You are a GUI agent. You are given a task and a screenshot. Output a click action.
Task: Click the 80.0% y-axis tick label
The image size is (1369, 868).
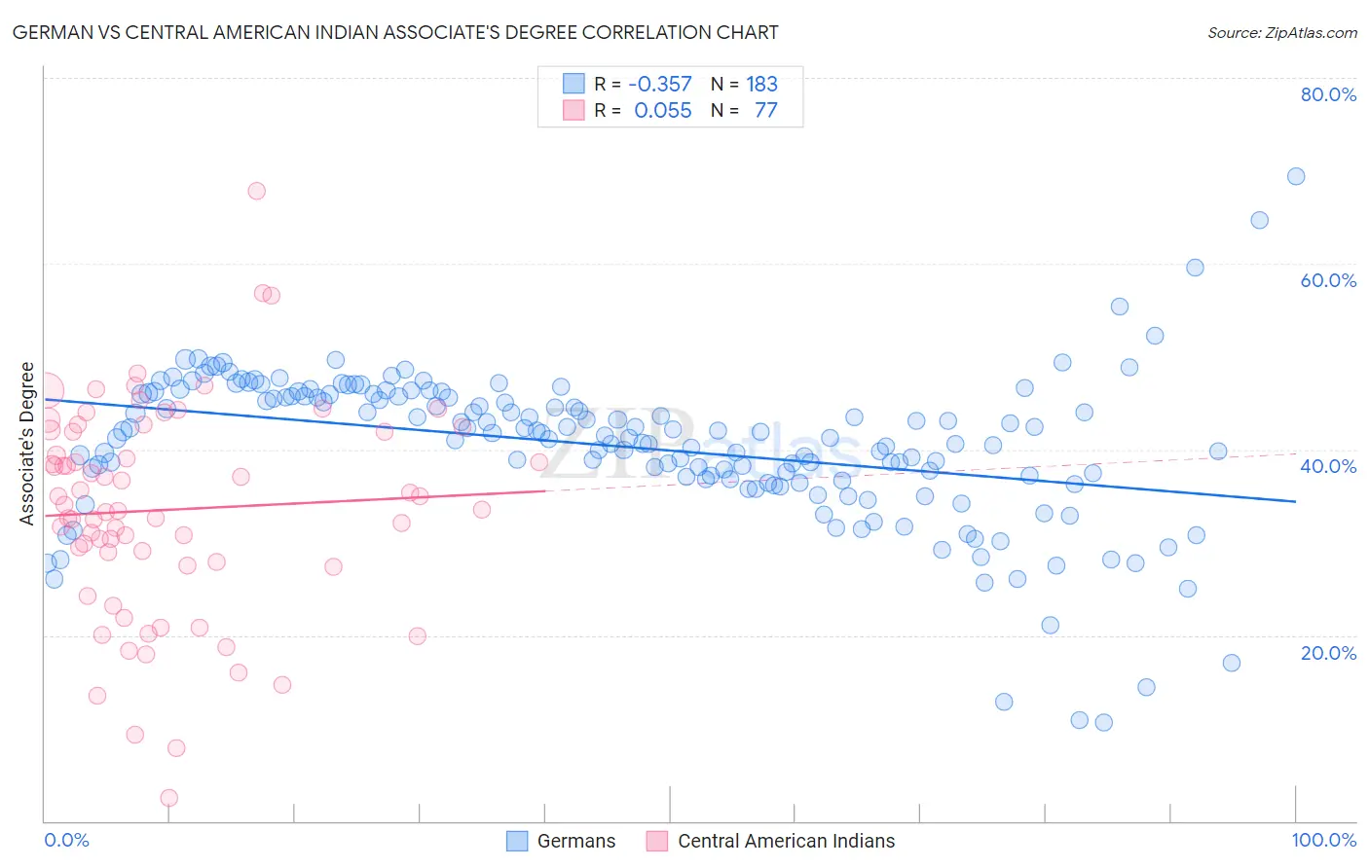point(1328,94)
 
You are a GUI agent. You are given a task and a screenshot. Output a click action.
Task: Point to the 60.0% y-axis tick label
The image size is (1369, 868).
point(1328,280)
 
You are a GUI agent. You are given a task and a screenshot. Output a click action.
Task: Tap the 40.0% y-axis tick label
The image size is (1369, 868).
point(1328,466)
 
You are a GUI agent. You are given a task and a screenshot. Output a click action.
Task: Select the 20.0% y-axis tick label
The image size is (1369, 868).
point(1328,652)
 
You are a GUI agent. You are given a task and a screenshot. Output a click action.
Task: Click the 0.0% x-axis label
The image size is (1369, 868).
point(66,840)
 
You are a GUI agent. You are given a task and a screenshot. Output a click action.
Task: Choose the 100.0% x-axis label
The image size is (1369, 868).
point(1323,840)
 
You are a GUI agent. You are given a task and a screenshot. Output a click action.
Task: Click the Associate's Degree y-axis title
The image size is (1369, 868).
point(27,444)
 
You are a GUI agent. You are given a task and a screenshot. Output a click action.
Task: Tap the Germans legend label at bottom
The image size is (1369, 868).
point(576,841)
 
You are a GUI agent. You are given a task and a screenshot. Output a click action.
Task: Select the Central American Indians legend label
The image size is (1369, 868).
point(786,841)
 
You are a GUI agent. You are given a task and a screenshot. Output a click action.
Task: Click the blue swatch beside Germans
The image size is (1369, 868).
point(517,841)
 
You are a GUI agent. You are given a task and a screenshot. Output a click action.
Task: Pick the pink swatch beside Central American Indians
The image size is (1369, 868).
point(657,841)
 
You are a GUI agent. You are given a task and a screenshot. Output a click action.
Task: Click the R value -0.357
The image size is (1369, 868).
point(660,85)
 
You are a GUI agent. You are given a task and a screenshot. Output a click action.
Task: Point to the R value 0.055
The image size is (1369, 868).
point(663,111)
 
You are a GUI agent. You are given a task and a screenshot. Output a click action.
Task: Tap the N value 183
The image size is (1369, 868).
point(761,85)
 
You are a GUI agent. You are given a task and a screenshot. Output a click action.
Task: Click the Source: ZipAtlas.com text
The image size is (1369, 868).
point(1281,33)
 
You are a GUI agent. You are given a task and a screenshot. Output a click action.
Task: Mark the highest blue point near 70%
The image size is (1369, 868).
point(1295,176)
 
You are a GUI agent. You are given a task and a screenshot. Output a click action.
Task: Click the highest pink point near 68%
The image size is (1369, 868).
point(256,191)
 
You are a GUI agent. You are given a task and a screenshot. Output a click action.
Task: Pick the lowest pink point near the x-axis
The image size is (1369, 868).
point(168,798)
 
